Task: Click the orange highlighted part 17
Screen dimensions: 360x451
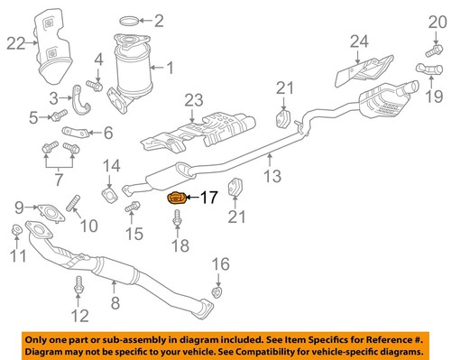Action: click(177, 198)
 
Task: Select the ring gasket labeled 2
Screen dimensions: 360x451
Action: click(130, 20)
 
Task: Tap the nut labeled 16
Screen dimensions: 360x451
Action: click(216, 291)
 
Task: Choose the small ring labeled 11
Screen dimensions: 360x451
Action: click(17, 235)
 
